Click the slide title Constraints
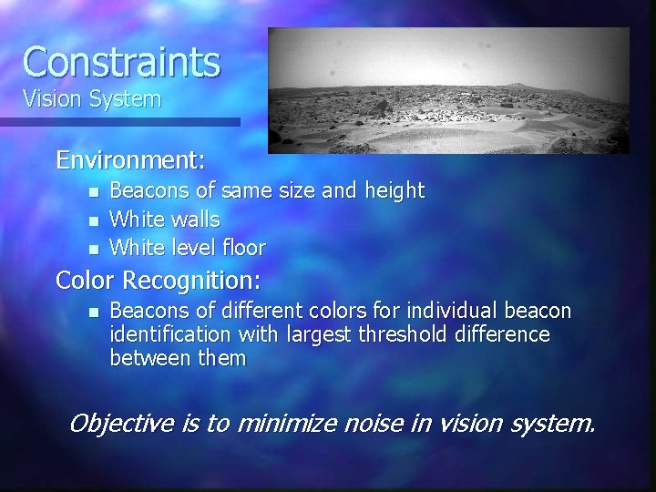pyautogui.click(x=121, y=62)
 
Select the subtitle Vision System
pyautogui.click(x=91, y=99)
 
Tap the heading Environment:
pyautogui.click(x=130, y=161)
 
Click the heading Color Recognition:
pyautogui.click(x=159, y=279)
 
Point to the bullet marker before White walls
pyautogui.click(x=92, y=220)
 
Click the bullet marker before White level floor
pyautogui.click(x=92, y=249)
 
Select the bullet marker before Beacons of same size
pyautogui.click(x=92, y=192)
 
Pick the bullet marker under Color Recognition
pyautogui.click(x=92, y=312)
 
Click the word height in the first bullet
pyautogui.click(x=394, y=191)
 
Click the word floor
pyautogui.click(x=242, y=248)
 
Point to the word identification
pyautogui.click(x=172, y=334)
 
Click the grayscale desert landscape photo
pyautogui.click(x=448, y=90)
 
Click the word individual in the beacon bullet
pyautogui.click(x=461, y=311)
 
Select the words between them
pyautogui.click(x=178, y=358)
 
